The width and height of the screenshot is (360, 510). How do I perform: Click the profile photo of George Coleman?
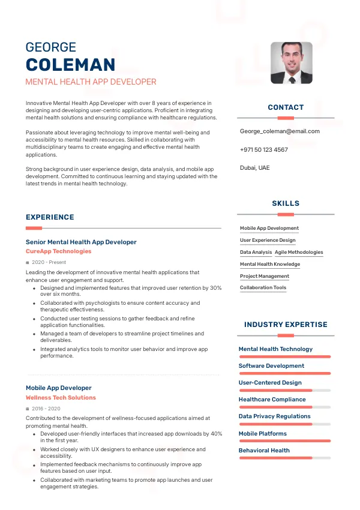tap(291, 62)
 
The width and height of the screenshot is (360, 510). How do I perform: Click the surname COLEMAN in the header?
tap(70, 65)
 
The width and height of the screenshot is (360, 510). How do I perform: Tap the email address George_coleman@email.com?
tap(280, 131)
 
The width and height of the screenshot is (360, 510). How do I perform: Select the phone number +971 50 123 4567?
tap(263, 149)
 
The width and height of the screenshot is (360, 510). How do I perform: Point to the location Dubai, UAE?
tap(254, 167)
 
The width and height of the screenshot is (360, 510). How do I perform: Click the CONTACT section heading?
tap(286, 107)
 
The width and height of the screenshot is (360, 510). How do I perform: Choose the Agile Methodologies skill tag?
tap(299, 253)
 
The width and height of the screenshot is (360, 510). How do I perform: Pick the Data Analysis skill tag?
tap(256, 253)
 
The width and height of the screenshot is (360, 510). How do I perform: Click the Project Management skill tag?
tap(265, 276)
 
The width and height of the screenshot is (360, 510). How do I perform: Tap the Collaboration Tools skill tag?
tap(263, 288)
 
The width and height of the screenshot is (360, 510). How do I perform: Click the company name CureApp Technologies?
tap(59, 251)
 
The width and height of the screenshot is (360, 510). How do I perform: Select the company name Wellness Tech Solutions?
tap(61, 398)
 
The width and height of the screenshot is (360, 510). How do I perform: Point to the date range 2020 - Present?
tap(49, 262)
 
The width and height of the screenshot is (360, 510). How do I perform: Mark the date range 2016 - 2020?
tap(46, 409)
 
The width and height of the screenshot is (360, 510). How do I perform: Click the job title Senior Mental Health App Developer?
tap(81, 242)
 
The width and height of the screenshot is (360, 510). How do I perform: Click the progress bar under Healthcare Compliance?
tap(284, 407)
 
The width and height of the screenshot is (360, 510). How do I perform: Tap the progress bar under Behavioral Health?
tap(284, 458)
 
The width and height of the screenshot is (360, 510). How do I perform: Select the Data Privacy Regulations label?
tap(274, 416)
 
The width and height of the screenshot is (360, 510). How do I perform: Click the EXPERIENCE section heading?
tap(50, 217)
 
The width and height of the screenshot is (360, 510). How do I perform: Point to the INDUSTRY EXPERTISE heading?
tap(286, 325)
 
